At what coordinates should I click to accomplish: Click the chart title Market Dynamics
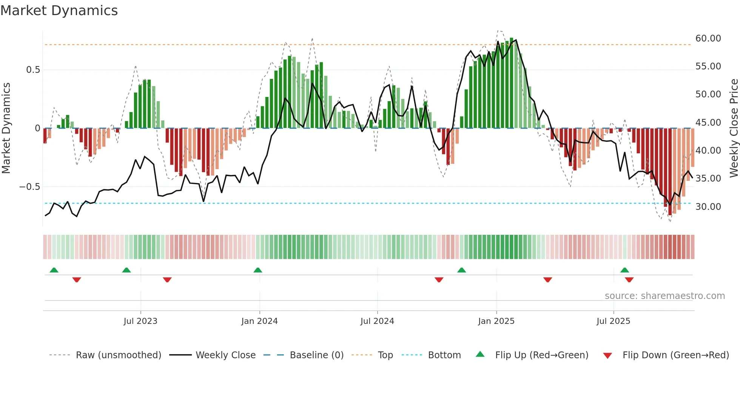[x=59, y=11]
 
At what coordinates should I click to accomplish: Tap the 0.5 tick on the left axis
[x=33, y=70]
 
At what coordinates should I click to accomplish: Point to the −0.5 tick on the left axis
[x=29, y=187]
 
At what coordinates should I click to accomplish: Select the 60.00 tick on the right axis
[x=708, y=39]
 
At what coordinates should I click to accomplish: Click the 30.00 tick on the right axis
[x=708, y=207]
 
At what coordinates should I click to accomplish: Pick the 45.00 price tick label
[x=708, y=123]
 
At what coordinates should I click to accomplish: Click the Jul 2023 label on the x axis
[x=140, y=321]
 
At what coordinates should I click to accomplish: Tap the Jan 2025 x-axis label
[x=496, y=321]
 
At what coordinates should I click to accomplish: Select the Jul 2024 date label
[x=377, y=321]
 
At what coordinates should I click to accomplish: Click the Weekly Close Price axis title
[x=734, y=128]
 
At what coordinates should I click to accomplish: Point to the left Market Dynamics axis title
[x=6, y=128]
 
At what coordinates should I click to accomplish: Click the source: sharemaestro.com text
[x=664, y=296]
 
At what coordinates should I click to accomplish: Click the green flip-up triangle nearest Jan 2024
[x=258, y=270]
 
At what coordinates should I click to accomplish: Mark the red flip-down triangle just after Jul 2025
[x=629, y=280]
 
